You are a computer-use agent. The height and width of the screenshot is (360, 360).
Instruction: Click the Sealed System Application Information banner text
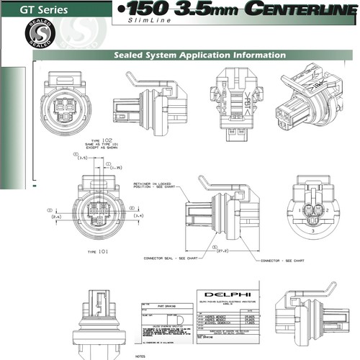coord(199,55)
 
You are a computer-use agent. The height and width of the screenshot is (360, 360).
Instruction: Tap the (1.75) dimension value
coord(115,168)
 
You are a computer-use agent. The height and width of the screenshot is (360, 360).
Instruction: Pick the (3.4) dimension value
coord(139,215)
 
